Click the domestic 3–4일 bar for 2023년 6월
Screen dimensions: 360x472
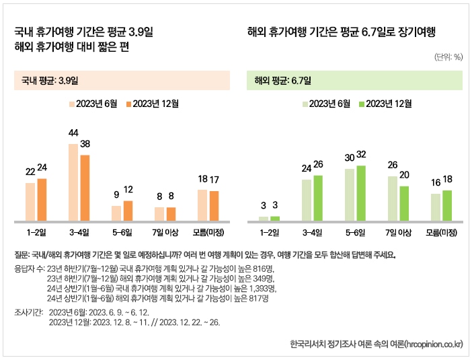[x=73, y=182]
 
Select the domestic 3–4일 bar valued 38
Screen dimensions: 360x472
[x=85, y=188]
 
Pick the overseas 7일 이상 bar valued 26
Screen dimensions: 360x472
[x=393, y=199]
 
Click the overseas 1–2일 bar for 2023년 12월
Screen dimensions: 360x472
[x=274, y=218]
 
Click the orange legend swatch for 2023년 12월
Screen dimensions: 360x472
[x=128, y=104]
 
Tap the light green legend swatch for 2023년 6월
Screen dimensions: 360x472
[x=305, y=104]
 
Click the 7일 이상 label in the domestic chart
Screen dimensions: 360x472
[x=165, y=233]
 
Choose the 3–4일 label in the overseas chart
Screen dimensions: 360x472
[x=313, y=233]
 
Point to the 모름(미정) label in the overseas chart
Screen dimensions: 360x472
[x=442, y=233]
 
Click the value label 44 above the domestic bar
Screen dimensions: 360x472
[x=74, y=133]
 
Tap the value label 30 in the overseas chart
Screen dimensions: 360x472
[x=349, y=157]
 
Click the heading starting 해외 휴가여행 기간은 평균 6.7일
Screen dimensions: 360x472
[x=342, y=32]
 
